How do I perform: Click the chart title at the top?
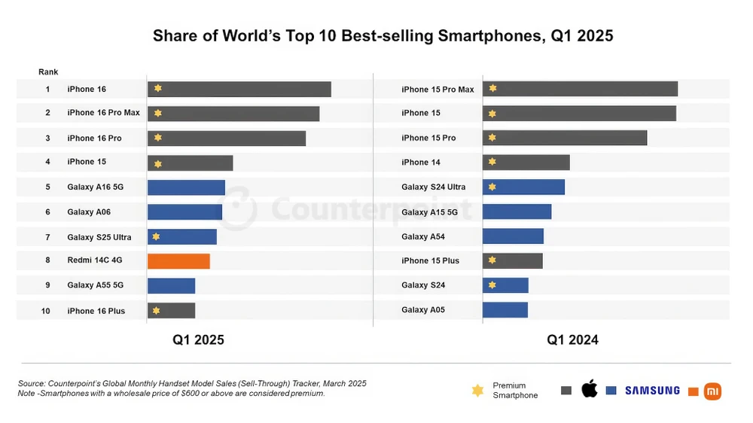(x=383, y=35)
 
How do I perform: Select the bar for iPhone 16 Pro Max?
(x=233, y=114)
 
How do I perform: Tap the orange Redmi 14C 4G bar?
(x=178, y=261)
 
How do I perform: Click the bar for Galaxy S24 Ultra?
(x=523, y=187)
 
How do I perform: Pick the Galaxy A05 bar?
(x=505, y=310)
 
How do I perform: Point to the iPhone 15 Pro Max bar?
(x=580, y=89)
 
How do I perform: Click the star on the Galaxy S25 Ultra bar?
(x=156, y=236)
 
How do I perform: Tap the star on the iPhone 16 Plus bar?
(x=156, y=310)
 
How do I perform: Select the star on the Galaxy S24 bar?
(x=492, y=285)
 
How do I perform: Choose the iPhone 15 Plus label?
(x=430, y=261)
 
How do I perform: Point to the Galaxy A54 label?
(x=422, y=236)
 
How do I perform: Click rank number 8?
(x=47, y=260)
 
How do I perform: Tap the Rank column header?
(x=47, y=72)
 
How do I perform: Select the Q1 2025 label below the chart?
(x=198, y=340)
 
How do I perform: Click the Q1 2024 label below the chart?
(x=572, y=340)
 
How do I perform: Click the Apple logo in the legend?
(x=589, y=389)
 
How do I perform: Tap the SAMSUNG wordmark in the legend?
(x=652, y=391)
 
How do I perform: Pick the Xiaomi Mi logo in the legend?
(x=712, y=391)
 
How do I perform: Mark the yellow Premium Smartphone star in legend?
(x=477, y=391)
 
